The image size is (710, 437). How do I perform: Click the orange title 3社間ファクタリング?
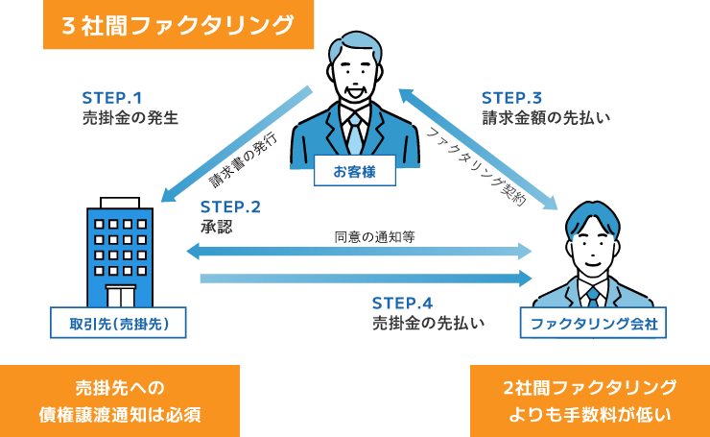click(178, 25)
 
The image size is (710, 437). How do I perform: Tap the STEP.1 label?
click(111, 97)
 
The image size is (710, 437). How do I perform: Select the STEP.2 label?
click(230, 206)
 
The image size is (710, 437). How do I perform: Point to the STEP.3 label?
click(511, 97)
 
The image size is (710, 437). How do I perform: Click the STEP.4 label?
click(402, 303)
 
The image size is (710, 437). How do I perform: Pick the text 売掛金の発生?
click(130, 118)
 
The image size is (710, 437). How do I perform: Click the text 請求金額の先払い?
click(545, 118)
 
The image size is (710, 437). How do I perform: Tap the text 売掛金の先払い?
click(428, 324)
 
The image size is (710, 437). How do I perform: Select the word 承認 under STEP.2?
click(217, 227)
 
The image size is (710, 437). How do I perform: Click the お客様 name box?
click(354, 171)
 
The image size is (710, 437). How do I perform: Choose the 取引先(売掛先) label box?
click(119, 324)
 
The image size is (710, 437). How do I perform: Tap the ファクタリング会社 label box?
click(592, 324)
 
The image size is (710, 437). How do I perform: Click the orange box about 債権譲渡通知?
click(120, 401)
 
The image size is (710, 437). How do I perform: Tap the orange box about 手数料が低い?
click(590, 401)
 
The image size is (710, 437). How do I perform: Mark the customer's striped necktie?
click(355, 134)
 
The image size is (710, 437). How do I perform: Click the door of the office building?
click(120, 295)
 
